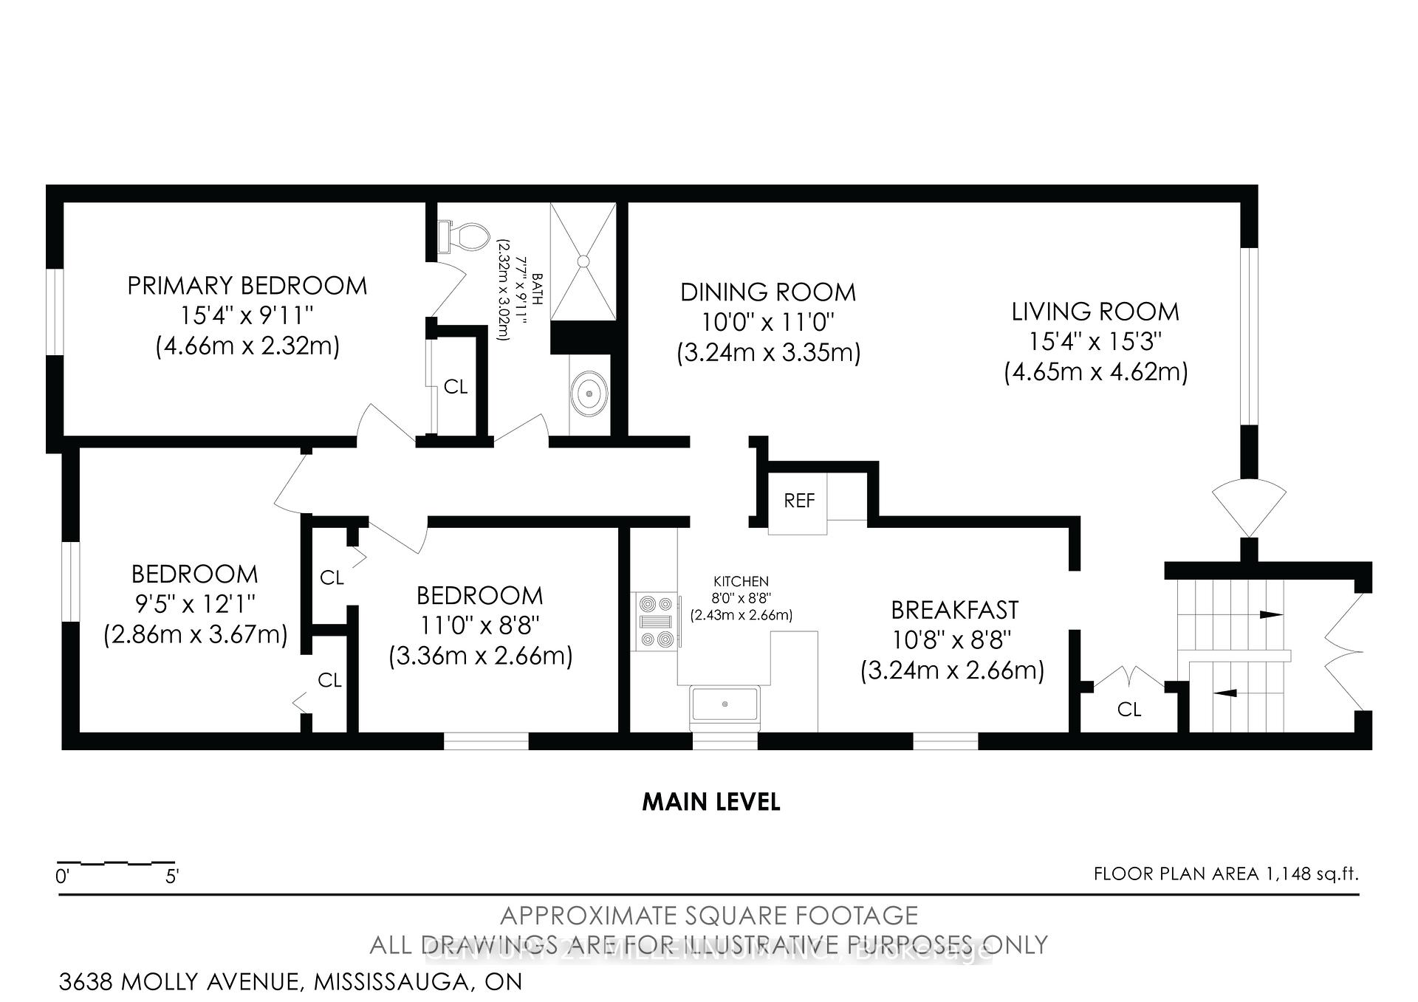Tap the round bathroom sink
pos(589,394)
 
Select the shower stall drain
pos(583,261)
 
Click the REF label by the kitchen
pos(799,501)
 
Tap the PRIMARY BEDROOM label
pos(247,286)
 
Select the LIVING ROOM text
pos(1095,312)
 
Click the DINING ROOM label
pos(767,292)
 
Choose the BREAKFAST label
pos(954,610)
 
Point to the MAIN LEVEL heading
pos(710,802)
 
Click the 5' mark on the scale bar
pos(172,876)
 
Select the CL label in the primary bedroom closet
pos(456,387)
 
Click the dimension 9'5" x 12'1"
pos(195,605)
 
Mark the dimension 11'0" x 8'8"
pos(480,626)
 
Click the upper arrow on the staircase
pos(1270,614)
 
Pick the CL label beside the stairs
pos(1128,710)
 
